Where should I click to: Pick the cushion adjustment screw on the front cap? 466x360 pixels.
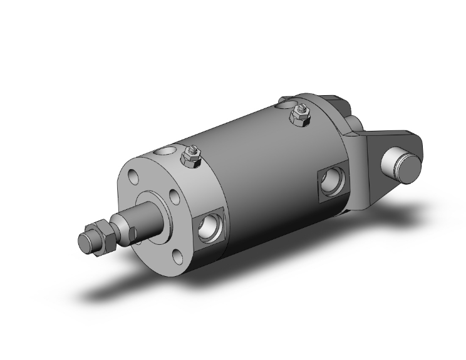point(191,157)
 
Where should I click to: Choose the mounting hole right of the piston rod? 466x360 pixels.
point(176,199)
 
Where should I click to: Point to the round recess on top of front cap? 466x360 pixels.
point(167,150)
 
